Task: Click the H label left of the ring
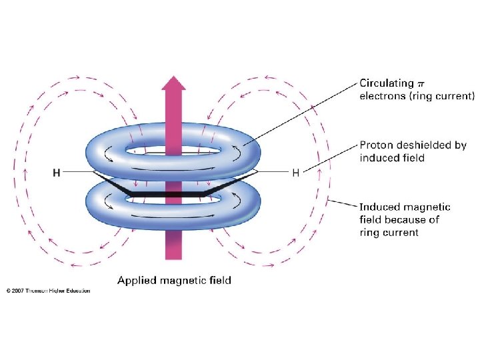coord(57,173)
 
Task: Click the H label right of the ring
coord(295,173)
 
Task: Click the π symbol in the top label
coord(420,83)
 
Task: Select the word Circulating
coord(386,83)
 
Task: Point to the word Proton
coord(377,145)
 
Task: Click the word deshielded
coord(427,145)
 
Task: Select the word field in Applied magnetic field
coord(220,281)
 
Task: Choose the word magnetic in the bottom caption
coord(182,281)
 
